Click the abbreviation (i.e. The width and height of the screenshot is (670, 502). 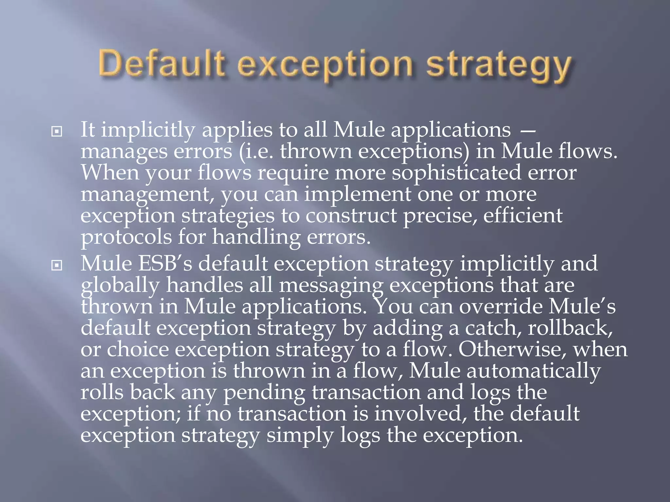(x=256, y=152)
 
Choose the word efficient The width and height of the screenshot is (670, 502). (x=523, y=216)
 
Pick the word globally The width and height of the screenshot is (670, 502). (x=120, y=285)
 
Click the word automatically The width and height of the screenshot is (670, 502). (x=533, y=371)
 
